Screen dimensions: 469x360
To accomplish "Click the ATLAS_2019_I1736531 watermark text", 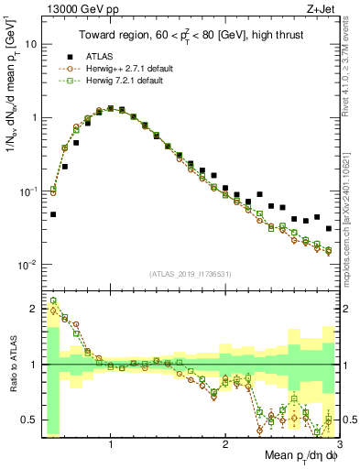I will pos(190,274).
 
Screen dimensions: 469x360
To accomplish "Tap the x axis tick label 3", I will pos(338,443).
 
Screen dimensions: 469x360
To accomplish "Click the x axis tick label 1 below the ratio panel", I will pos(111,443).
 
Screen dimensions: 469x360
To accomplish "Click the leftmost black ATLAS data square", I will pos(53,214).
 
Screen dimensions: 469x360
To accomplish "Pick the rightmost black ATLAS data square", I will pos(328,228).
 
